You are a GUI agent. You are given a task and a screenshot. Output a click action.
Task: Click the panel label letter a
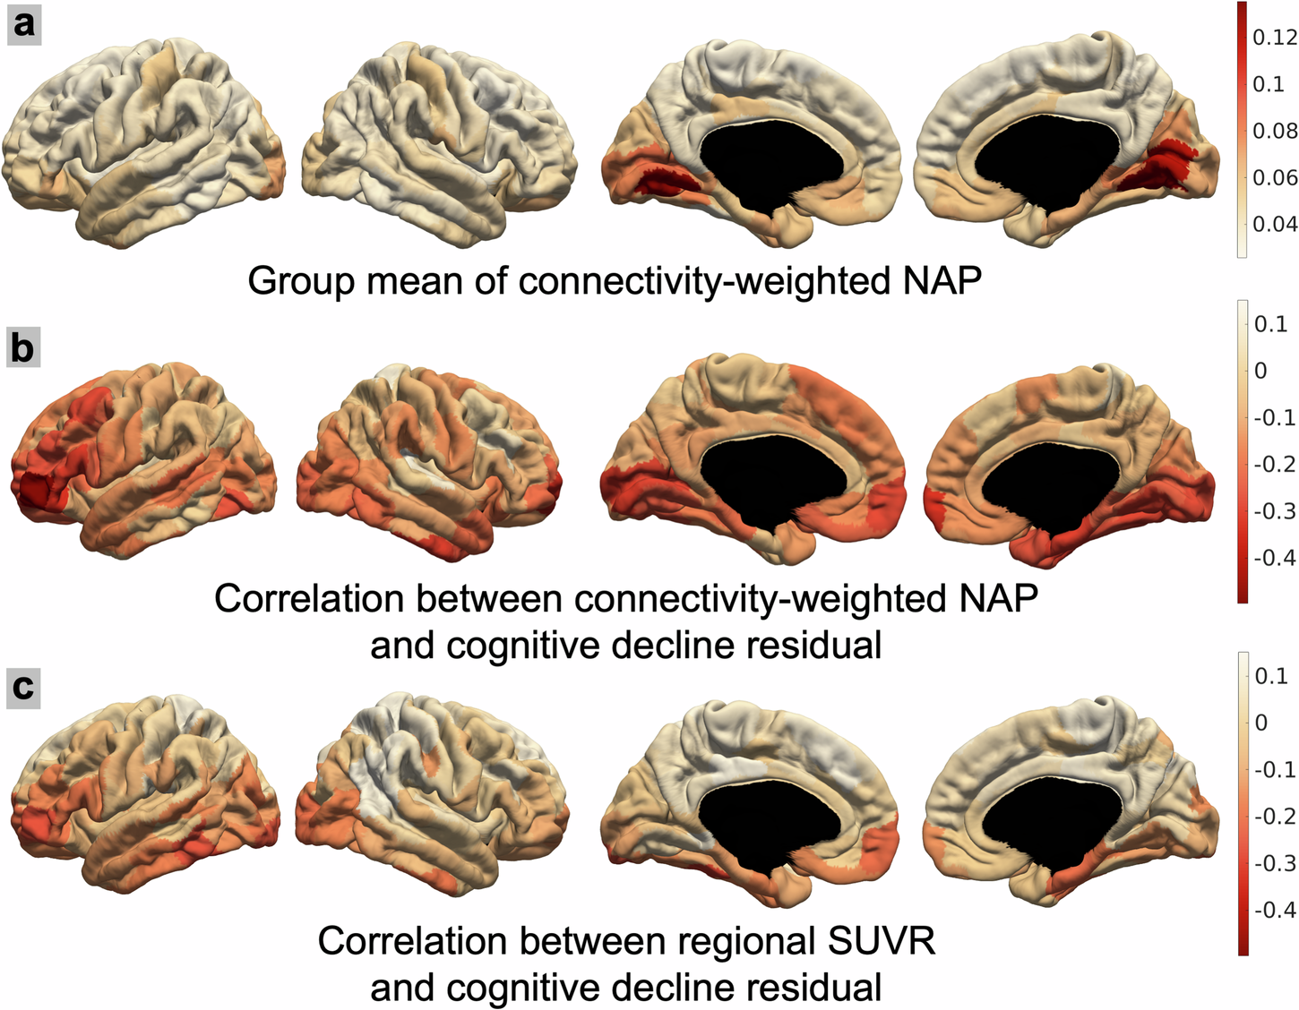coord(23,23)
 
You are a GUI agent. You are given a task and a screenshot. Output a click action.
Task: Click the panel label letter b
coord(23,347)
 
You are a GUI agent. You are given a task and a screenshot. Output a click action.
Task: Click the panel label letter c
coord(23,688)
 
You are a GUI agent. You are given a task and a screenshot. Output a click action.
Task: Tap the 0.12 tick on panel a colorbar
coord(1273,37)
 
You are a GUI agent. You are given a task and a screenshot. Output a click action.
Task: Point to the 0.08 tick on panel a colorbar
coord(1273,131)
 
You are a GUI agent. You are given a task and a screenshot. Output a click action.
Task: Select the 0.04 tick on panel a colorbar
coord(1273,224)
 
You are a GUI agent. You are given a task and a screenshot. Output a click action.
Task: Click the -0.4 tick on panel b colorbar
coord(1273,558)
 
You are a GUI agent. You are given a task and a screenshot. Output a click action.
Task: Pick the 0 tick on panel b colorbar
coord(1261,371)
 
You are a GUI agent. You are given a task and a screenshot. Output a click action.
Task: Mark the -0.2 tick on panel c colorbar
coord(1273,816)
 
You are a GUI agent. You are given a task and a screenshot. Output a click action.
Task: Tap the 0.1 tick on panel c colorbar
coord(1271,676)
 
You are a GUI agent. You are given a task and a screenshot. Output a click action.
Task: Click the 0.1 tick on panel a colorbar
coord(1268,84)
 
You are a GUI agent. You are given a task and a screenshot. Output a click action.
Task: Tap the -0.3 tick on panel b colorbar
coord(1273,511)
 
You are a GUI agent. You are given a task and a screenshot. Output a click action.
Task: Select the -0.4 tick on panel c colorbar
coord(1273,910)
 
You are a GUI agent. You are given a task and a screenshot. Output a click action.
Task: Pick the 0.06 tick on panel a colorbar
coord(1273,177)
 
